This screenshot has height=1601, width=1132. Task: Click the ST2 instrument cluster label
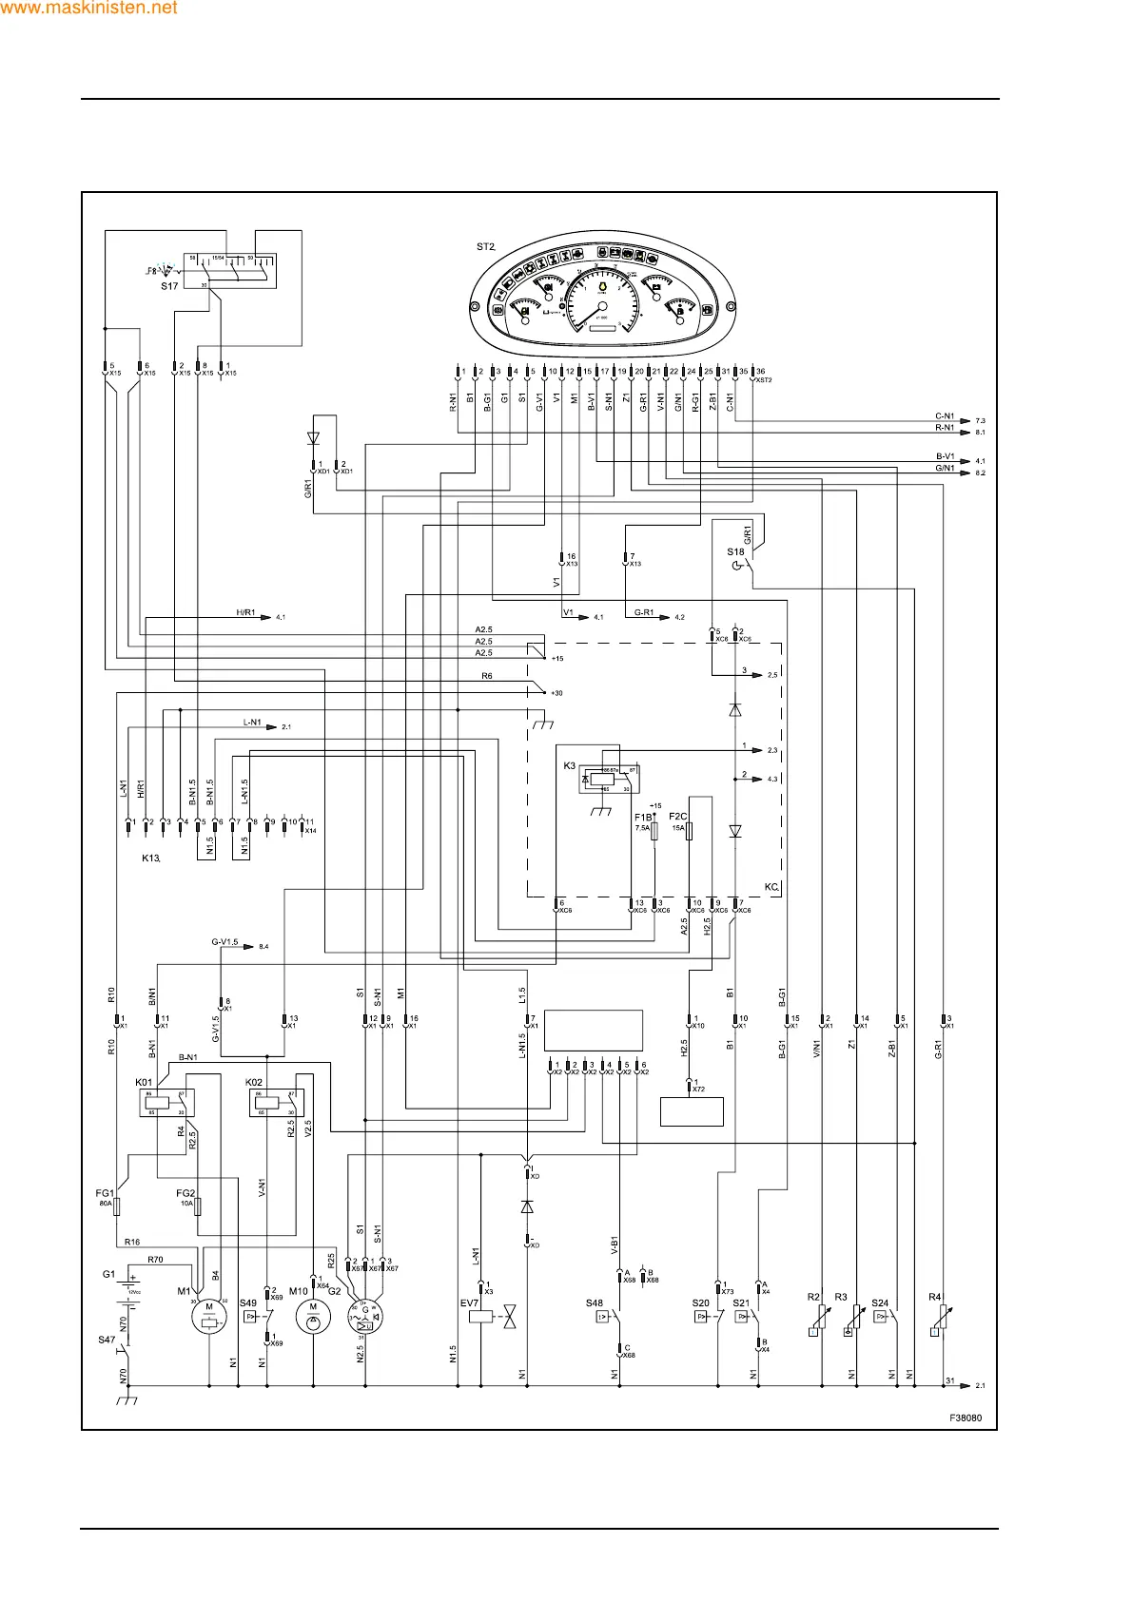(485, 247)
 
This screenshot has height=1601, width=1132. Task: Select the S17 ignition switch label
(168, 286)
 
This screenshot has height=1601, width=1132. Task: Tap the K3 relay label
(569, 765)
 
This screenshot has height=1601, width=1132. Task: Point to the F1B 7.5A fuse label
(643, 817)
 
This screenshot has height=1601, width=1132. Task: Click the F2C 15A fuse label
(677, 817)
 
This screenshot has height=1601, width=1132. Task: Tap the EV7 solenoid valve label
(469, 1303)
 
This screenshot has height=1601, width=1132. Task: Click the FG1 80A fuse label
(105, 1193)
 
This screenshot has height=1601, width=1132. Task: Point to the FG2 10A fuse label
(185, 1193)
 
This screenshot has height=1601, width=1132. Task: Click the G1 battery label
(108, 1274)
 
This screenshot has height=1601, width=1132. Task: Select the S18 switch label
(735, 552)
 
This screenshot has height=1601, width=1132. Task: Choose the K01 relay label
(144, 1082)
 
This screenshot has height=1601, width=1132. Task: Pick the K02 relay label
(254, 1082)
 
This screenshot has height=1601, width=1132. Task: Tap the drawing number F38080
(965, 1418)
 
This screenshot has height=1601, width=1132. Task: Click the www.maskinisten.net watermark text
(89, 8)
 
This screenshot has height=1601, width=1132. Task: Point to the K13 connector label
(150, 858)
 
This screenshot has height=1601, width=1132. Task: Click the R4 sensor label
(934, 1297)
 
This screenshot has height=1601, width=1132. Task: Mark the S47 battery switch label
(107, 1340)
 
